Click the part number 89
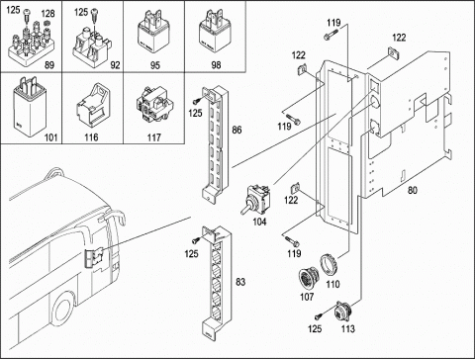pos(49,65)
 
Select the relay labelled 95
pos(153,32)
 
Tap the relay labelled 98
pos(214,32)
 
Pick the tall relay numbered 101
pos(29,106)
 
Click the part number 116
pos(91,136)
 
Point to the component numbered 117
pos(154,104)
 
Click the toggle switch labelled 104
pos(256,200)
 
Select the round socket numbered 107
pos(309,280)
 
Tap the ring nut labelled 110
pos(329,264)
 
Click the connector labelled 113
pos(343,313)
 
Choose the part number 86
pos(237,130)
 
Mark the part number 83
pos(240,282)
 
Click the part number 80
pos(413,190)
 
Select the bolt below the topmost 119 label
pos(332,35)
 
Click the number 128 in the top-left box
pos(47,14)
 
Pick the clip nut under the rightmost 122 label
pos(393,52)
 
